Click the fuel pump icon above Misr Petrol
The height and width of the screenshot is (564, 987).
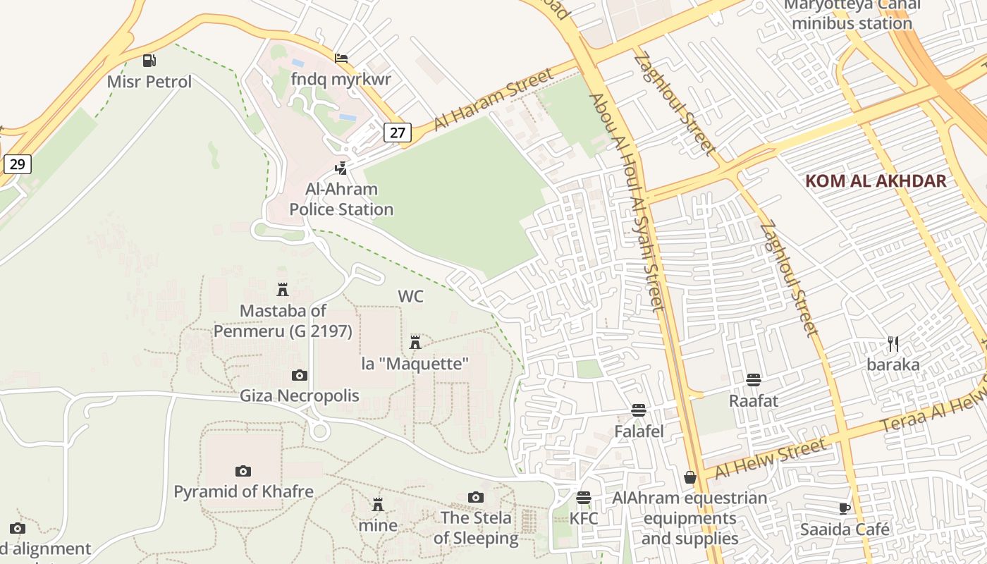pyautogui.click(x=149, y=61)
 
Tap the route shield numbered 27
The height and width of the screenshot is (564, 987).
pyautogui.click(x=398, y=132)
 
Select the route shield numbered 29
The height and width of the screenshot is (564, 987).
pyautogui.click(x=18, y=164)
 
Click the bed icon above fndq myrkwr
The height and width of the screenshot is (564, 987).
pyautogui.click(x=341, y=58)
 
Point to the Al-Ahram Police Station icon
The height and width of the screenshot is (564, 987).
pyautogui.click(x=341, y=168)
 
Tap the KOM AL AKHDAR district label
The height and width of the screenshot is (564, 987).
pyautogui.click(x=876, y=180)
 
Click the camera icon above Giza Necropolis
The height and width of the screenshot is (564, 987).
pyautogui.click(x=300, y=375)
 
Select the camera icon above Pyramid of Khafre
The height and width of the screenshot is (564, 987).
pyautogui.click(x=243, y=470)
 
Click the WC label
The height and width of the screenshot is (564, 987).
pyautogui.click(x=411, y=296)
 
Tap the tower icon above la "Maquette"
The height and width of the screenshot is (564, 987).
pyautogui.click(x=415, y=343)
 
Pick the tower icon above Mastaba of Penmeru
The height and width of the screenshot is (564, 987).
pyautogui.click(x=283, y=289)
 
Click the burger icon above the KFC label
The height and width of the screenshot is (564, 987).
pyautogui.click(x=584, y=498)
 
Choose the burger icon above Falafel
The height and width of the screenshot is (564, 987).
pyautogui.click(x=639, y=410)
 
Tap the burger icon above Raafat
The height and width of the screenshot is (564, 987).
pyautogui.click(x=754, y=380)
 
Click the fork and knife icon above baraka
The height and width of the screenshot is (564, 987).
pyautogui.click(x=893, y=344)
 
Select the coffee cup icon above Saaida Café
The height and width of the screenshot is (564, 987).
pyautogui.click(x=845, y=508)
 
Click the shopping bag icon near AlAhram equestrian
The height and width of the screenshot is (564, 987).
pyautogui.click(x=690, y=477)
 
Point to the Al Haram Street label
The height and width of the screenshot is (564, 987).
pyautogui.click(x=493, y=99)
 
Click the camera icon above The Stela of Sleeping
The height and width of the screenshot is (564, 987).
pyautogui.click(x=476, y=497)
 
